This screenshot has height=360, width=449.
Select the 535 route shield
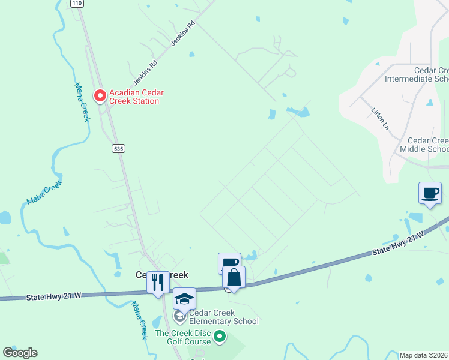coord(118,148)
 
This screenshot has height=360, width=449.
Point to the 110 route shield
coord(76,3)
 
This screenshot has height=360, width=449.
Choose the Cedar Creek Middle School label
coord(424,144)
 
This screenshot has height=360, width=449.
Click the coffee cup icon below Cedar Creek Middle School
coord(430,193)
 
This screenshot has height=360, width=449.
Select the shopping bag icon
coord(234,278)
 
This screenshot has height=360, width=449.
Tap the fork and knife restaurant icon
coord(158,282)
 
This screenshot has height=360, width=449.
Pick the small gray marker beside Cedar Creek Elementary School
coord(179,316)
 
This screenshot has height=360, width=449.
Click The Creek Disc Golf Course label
coord(182,337)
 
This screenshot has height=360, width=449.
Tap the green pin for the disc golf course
coord(220,338)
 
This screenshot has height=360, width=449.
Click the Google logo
coord(20,353)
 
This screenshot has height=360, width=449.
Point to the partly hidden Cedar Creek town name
coord(161,275)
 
